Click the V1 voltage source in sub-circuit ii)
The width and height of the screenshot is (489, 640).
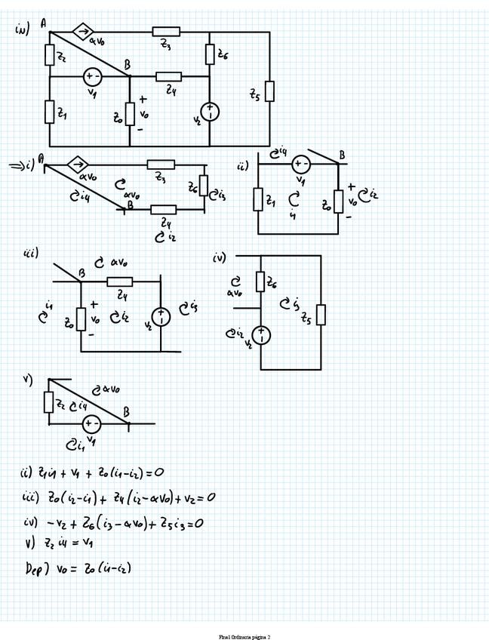300,164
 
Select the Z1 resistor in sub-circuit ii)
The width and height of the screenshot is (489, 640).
258,200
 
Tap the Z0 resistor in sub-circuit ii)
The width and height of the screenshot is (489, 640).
339,201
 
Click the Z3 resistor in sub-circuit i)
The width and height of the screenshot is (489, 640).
160,164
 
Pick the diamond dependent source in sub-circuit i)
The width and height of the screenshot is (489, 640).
77,164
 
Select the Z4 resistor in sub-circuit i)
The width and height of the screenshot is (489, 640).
164,209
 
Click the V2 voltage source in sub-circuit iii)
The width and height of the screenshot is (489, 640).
161,317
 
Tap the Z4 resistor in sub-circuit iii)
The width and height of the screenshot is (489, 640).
120,282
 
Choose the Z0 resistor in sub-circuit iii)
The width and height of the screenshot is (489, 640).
81,318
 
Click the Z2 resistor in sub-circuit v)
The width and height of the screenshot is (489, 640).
49,402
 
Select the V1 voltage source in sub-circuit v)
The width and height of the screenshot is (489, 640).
92,424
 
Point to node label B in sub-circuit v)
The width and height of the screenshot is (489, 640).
126,413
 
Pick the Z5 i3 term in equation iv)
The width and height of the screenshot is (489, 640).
186,522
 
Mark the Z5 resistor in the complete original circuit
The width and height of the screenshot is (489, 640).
269,93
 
